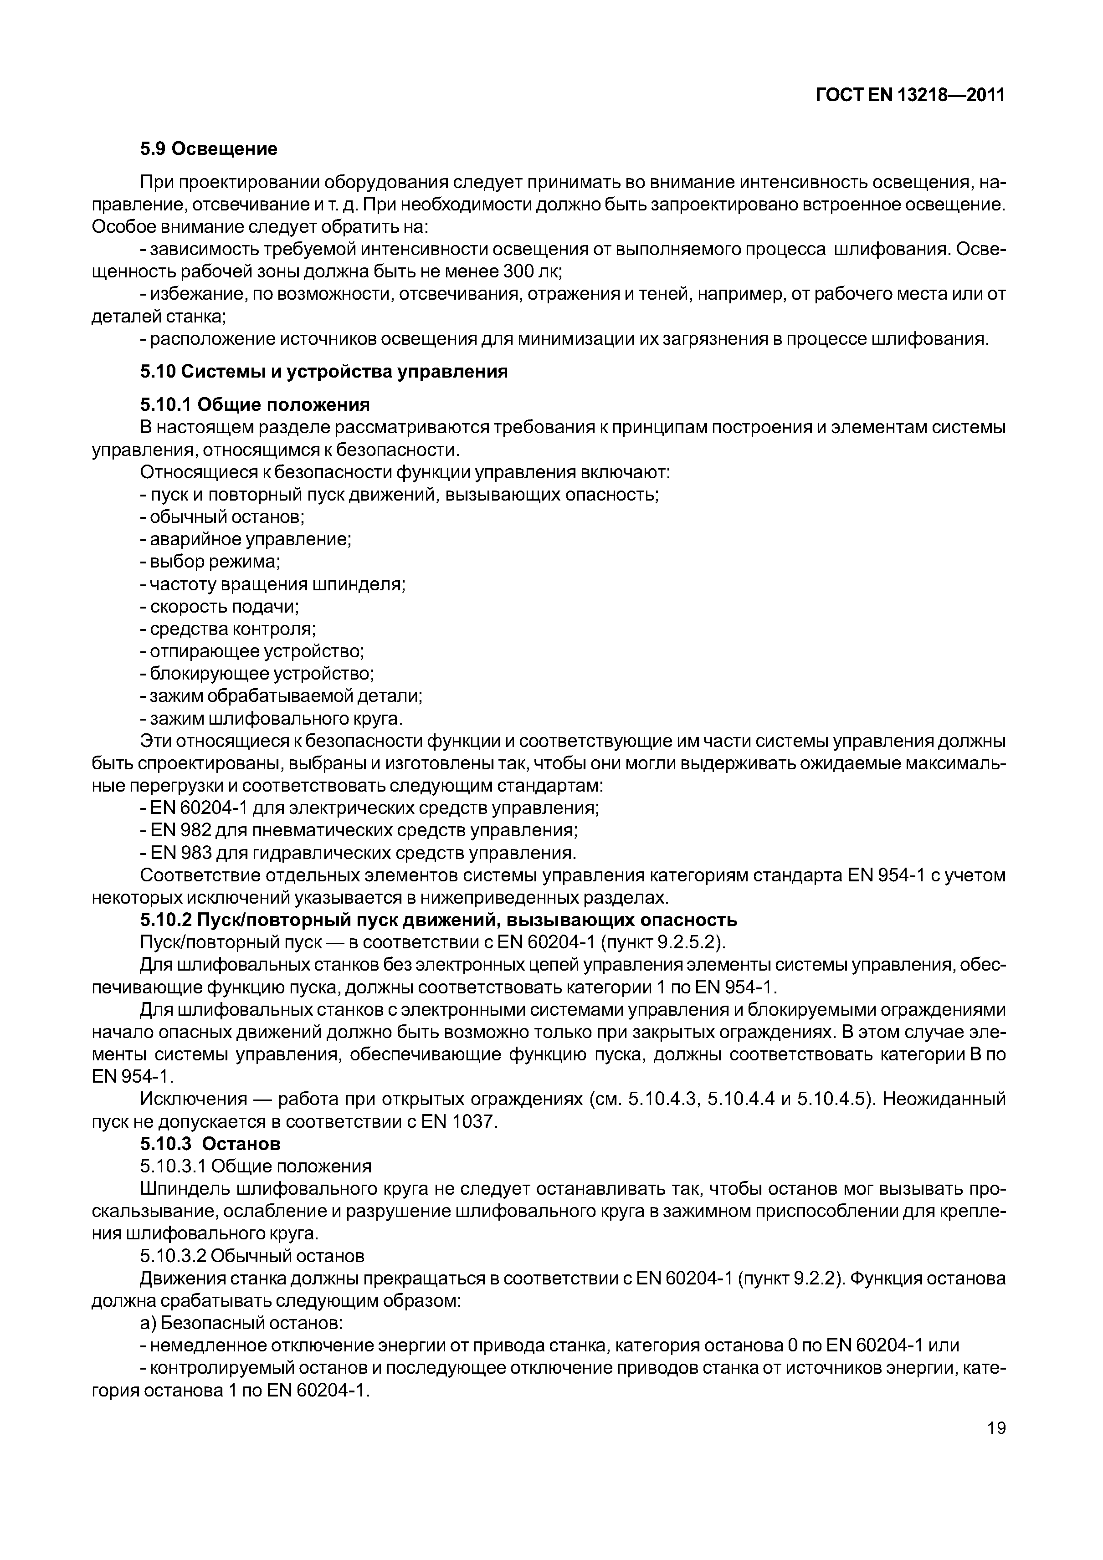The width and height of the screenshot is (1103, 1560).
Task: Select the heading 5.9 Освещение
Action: pos(209,149)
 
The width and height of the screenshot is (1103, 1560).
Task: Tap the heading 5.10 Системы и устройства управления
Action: pos(323,372)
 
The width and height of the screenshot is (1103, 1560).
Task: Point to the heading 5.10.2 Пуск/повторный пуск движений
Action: pos(438,921)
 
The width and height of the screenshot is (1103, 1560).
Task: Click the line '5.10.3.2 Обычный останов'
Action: pos(252,1256)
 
